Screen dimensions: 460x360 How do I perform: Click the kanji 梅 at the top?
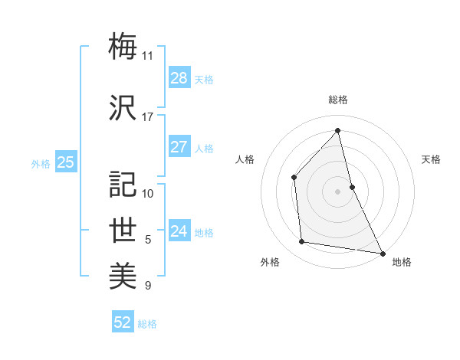click(x=123, y=47)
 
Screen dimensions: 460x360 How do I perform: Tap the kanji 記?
click(x=123, y=184)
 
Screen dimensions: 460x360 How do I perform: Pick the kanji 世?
click(x=123, y=231)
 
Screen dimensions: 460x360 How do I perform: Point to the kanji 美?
click(x=123, y=277)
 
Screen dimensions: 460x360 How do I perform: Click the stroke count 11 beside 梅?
click(x=147, y=56)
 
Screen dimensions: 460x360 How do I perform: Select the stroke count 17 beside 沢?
click(x=147, y=117)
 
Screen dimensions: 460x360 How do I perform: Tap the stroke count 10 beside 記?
click(x=148, y=193)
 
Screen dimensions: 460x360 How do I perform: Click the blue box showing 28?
click(x=179, y=77)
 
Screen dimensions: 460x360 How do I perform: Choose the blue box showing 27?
click(x=179, y=147)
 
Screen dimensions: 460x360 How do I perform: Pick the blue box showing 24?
click(x=179, y=231)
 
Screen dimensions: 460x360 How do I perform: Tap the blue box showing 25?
click(x=66, y=162)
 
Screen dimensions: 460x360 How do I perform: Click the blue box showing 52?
click(x=123, y=322)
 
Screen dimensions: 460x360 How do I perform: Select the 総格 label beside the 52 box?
click(x=147, y=324)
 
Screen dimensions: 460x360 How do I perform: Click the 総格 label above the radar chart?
click(x=337, y=100)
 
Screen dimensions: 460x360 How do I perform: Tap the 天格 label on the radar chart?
click(x=432, y=159)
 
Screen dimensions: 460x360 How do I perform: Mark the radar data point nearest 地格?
click(x=382, y=252)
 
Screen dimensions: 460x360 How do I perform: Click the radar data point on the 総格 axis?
click(x=337, y=130)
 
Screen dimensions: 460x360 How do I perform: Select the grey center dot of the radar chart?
click(x=337, y=191)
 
